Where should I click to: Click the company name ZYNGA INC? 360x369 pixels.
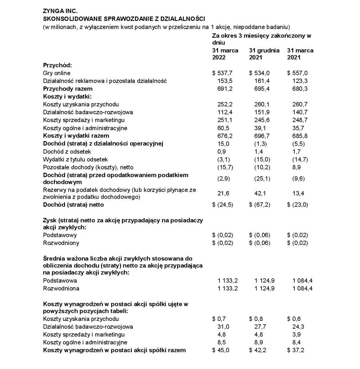[60, 11]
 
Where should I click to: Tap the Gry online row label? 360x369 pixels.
[57, 73]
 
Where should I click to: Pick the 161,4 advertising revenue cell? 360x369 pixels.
[262, 81]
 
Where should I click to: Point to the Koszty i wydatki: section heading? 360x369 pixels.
[67, 97]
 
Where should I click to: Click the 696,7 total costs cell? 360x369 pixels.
[262, 136]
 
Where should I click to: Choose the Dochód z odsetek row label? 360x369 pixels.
[67, 152]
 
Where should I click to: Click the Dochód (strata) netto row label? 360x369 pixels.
[73, 205]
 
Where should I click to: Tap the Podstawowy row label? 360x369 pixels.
[60, 235]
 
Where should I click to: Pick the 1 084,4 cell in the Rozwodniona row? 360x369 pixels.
[302, 288]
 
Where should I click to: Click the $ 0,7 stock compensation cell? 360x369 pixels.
[219, 319]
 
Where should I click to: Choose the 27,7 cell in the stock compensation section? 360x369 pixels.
[260, 327]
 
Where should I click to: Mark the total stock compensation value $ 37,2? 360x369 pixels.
[296, 350]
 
